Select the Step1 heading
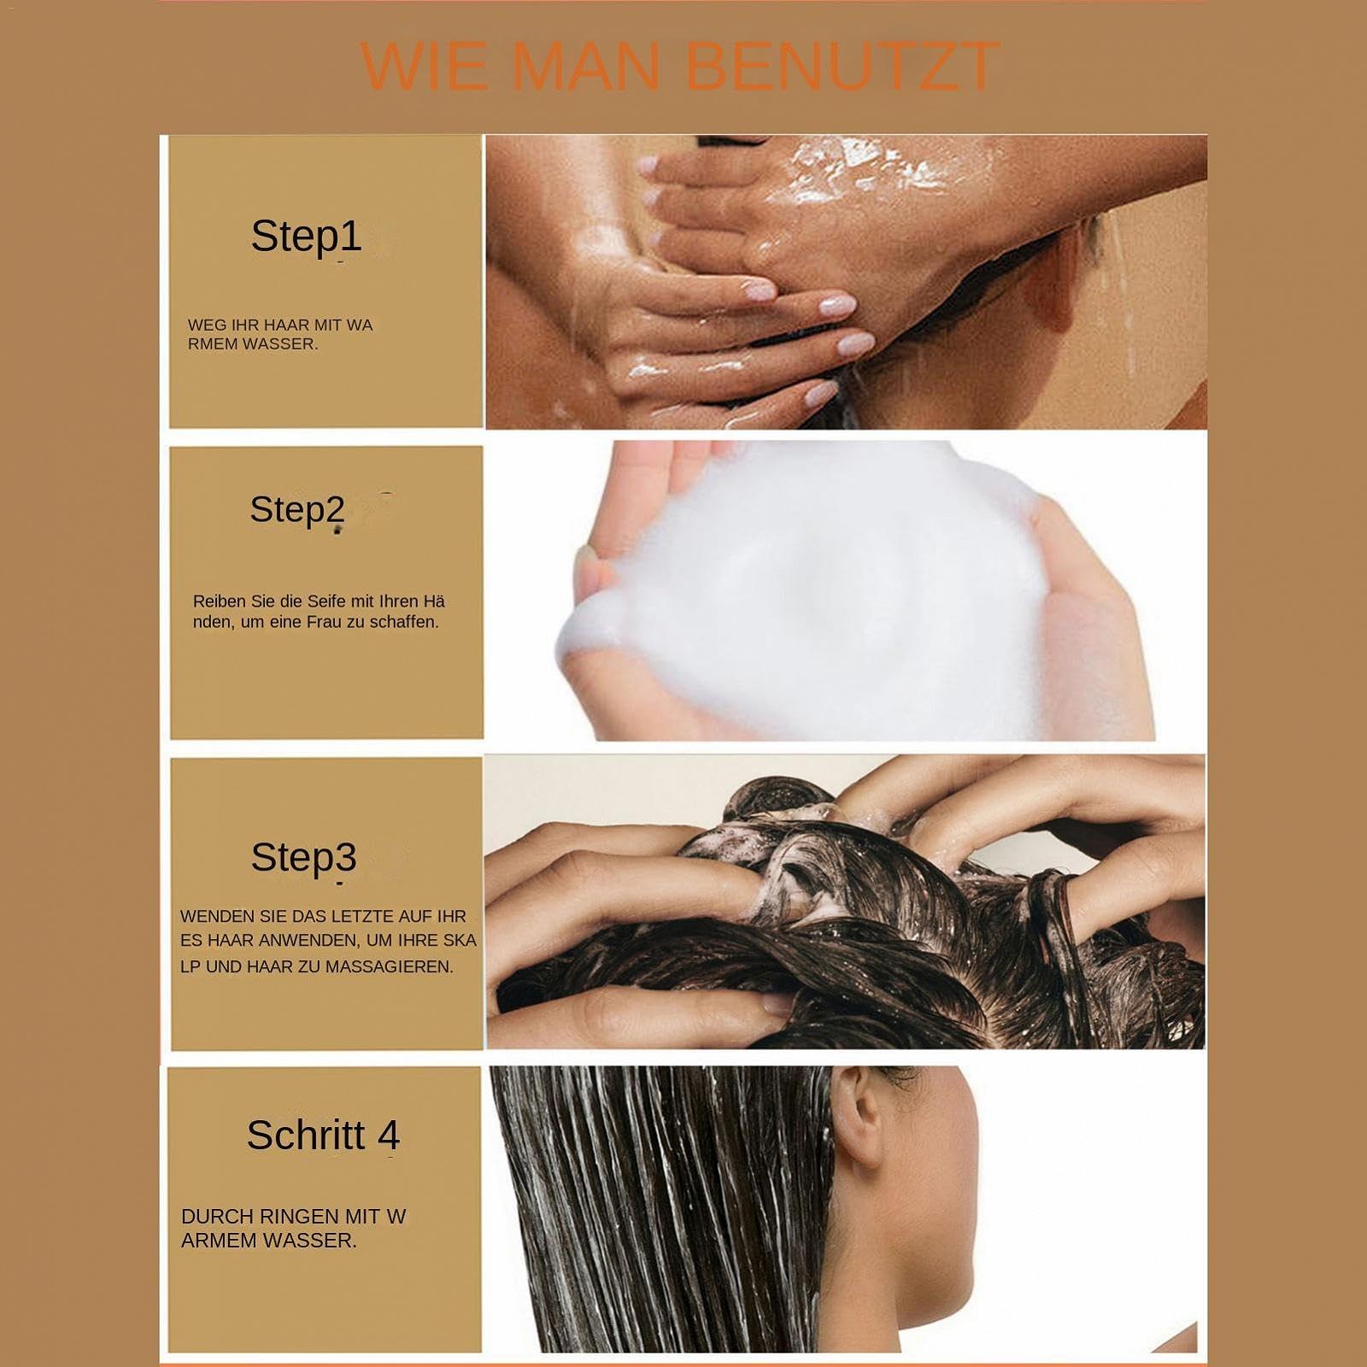click(306, 237)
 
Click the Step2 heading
click(297, 510)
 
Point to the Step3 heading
click(303, 857)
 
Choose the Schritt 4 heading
click(323, 1135)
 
